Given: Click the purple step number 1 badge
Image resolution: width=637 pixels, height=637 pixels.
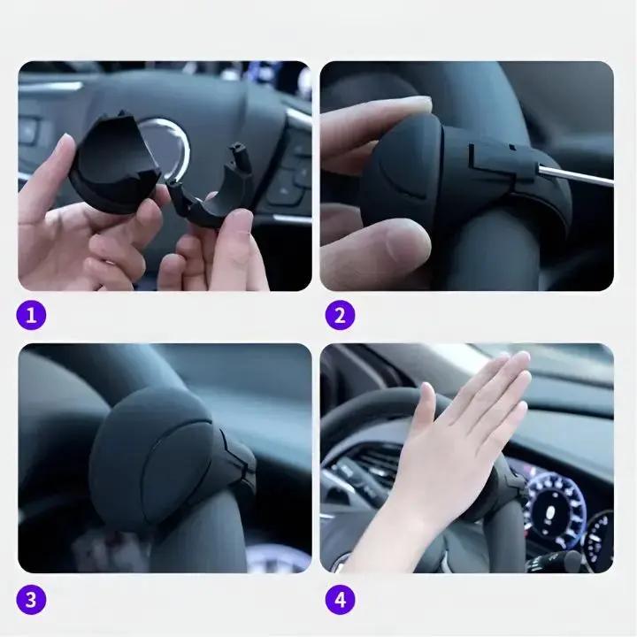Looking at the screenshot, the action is tap(31, 315).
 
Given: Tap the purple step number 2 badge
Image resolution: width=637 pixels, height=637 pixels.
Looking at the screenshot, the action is tap(340, 315).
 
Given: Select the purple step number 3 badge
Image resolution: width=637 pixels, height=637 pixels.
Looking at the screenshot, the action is tap(31, 599).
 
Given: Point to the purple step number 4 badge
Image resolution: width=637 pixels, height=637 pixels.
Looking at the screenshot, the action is tap(340, 599).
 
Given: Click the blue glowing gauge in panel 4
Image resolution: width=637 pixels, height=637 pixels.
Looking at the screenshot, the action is tap(555, 508).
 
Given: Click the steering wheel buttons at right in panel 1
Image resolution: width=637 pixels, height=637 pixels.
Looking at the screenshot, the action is tap(293, 171).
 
